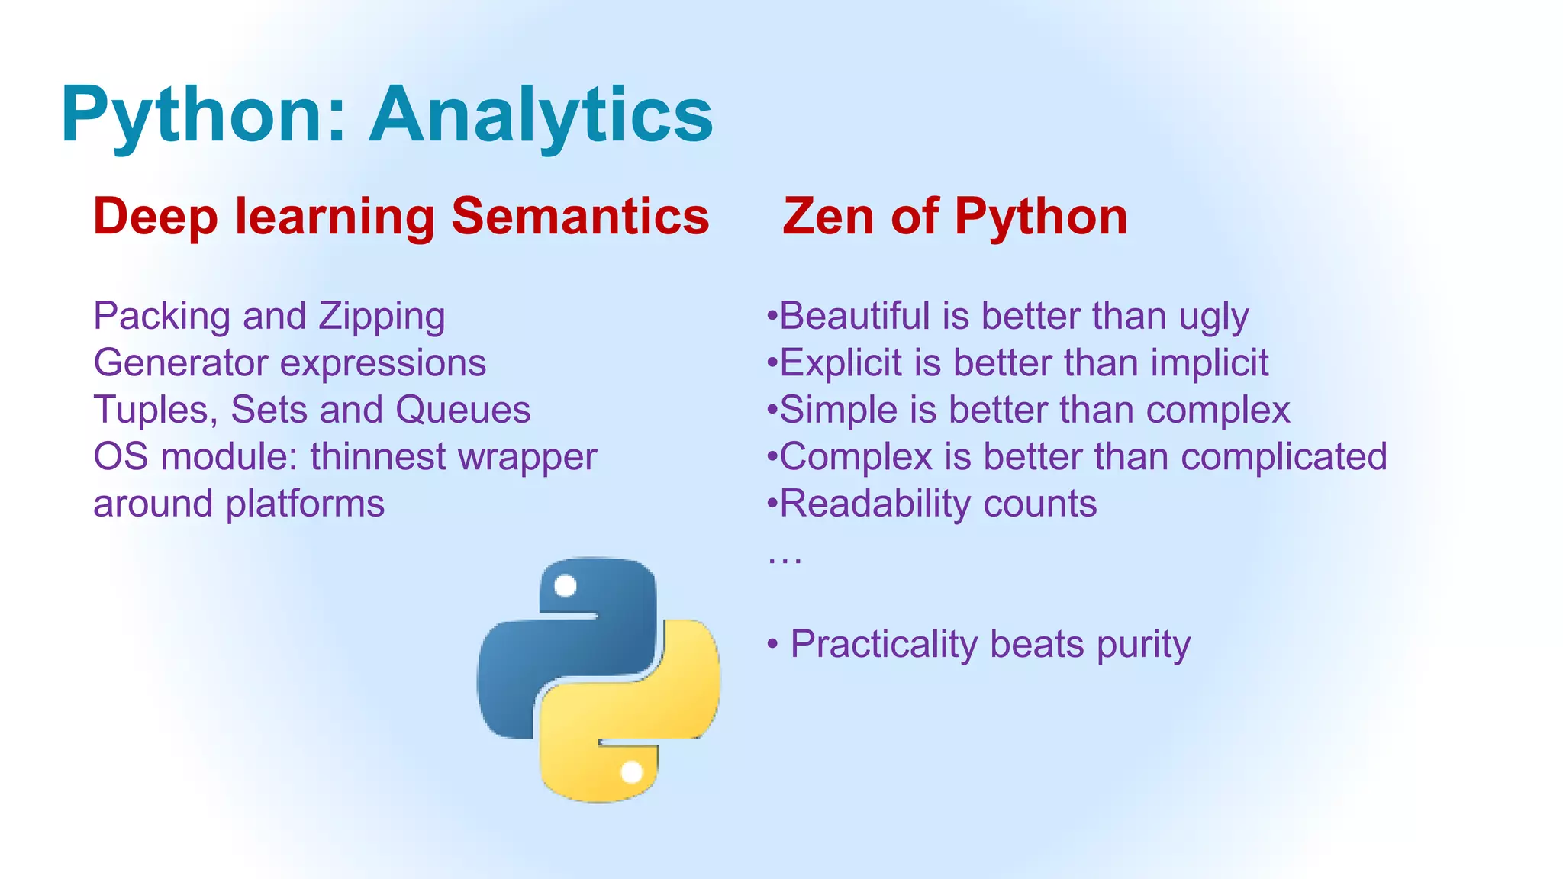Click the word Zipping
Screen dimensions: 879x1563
click(x=382, y=317)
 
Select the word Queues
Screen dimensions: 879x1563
click(x=462, y=410)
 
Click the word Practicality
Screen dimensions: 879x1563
click(x=883, y=644)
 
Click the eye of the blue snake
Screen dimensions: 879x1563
click(x=566, y=586)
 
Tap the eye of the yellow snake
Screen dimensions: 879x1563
click(x=632, y=772)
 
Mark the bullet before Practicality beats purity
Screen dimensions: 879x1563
click(x=773, y=645)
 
